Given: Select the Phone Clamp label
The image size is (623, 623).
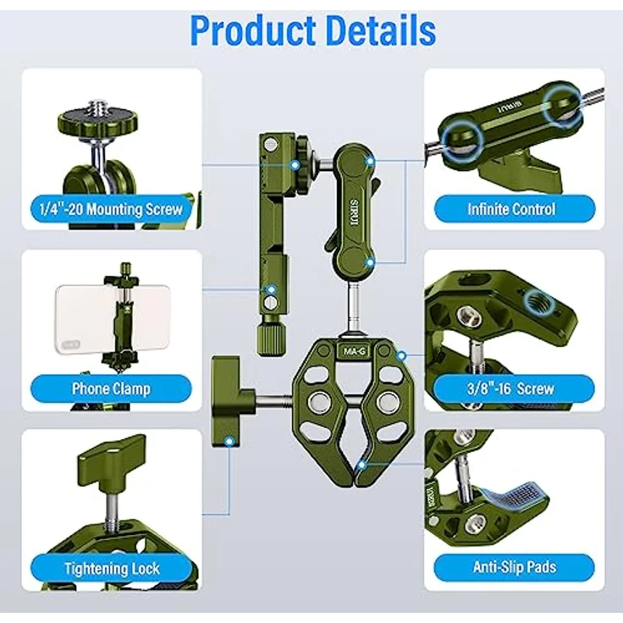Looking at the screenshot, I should [110, 389].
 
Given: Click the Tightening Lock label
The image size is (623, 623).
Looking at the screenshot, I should [110, 568].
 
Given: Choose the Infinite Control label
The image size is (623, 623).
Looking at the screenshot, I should [511, 208].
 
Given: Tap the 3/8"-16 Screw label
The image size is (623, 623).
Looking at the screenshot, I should [511, 389].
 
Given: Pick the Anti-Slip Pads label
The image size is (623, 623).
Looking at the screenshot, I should [511, 567].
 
